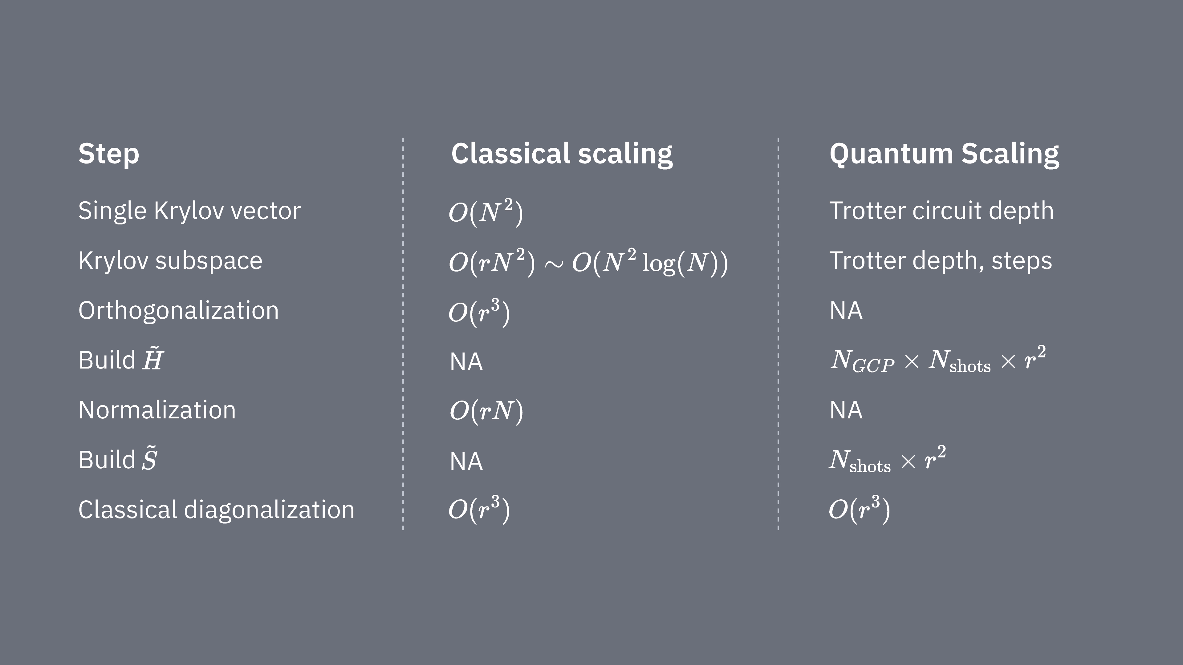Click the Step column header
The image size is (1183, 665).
click(108, 154)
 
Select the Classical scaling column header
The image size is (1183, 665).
click(561, 154)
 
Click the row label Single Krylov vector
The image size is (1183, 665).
click(189, 211)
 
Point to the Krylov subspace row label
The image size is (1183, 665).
click(170, 261)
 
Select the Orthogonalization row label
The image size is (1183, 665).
click(178, 311)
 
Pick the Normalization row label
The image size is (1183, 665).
click(157, 410)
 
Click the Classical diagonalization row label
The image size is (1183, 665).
click(216, 510)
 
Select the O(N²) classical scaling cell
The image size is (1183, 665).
click(486, 212)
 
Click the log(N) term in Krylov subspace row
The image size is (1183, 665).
click(684, 263)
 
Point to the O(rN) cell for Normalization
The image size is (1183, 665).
click(486, 410)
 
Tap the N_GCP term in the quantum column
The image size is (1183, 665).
click(862, 361)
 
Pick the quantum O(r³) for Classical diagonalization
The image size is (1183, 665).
click(859, 510)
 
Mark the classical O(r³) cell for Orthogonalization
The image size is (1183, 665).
click(479, 312)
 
